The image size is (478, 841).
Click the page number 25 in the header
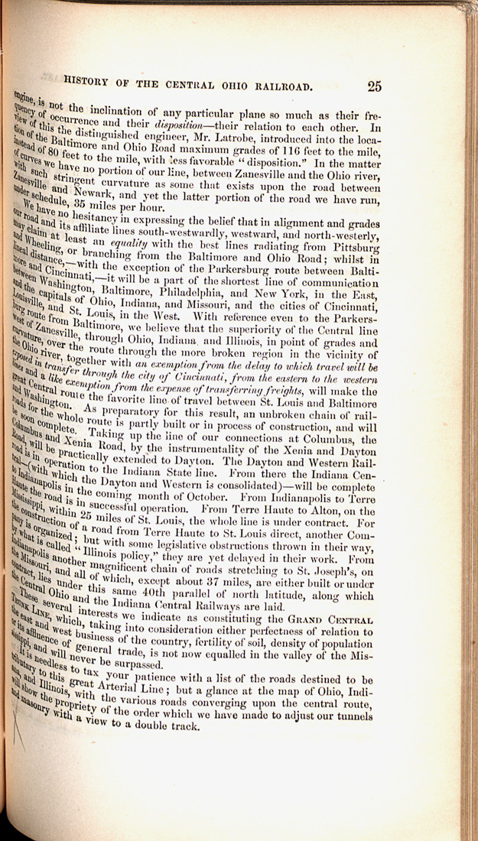point(374,86)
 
